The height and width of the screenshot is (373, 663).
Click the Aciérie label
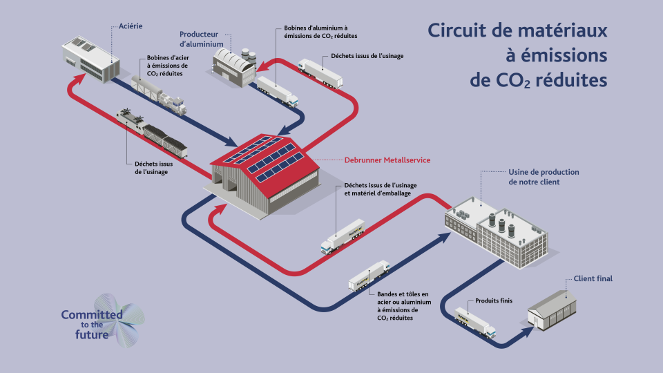coord(131,26)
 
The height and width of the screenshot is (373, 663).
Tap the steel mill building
coord(90,59)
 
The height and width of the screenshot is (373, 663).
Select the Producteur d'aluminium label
coord(201,39)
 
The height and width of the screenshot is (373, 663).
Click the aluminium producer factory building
coord(234,67)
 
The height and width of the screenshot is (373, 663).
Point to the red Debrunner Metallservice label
coord(387,160)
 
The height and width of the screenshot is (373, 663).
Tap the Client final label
coord(593,278)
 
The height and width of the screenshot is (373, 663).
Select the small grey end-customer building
coord(552,311)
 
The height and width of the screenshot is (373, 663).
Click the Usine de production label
coord(544,177)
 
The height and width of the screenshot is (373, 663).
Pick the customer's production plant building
coord(497,231)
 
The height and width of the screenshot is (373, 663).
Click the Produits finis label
coord(493,300)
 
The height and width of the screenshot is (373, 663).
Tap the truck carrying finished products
coord(475,323)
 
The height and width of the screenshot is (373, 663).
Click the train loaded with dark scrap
coord(152,133)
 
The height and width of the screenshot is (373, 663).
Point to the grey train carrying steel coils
coord(159,95)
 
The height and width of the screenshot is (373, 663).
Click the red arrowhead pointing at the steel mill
coord(78,80)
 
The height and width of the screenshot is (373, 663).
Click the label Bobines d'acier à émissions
coord(168,66)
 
